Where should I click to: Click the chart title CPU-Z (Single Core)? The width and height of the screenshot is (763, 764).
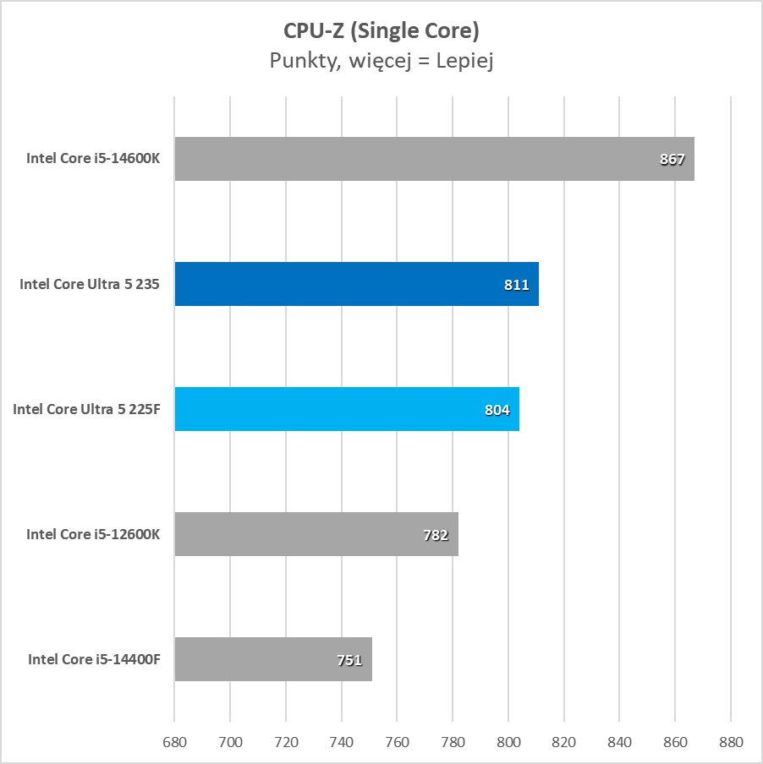(381, 30)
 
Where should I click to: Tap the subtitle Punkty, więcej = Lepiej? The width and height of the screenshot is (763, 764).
(381, 61)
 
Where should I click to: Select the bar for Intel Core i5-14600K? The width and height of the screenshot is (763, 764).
(423, 159)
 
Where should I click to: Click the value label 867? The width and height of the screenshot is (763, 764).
(672, 159)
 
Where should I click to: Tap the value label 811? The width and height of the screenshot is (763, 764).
(516, 285)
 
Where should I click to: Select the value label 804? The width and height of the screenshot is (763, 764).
(497, 410)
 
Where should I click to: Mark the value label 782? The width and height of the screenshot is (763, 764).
(436, 535)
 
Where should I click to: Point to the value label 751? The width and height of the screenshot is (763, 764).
(349, 660)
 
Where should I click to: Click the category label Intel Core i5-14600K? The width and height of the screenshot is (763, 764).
(93, 159)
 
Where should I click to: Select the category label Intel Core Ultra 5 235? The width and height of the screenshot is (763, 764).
(90, 284)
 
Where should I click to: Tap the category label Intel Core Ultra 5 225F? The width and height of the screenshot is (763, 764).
(86, 409)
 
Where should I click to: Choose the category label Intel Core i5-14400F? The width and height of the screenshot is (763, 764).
(94, 659)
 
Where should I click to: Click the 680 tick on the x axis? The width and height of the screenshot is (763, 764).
(174, 742)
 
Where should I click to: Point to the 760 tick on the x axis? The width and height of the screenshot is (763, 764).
(398, 742)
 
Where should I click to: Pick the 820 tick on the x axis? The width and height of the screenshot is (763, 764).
(564, 742)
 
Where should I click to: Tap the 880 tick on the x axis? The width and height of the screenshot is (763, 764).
(731, 742)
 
